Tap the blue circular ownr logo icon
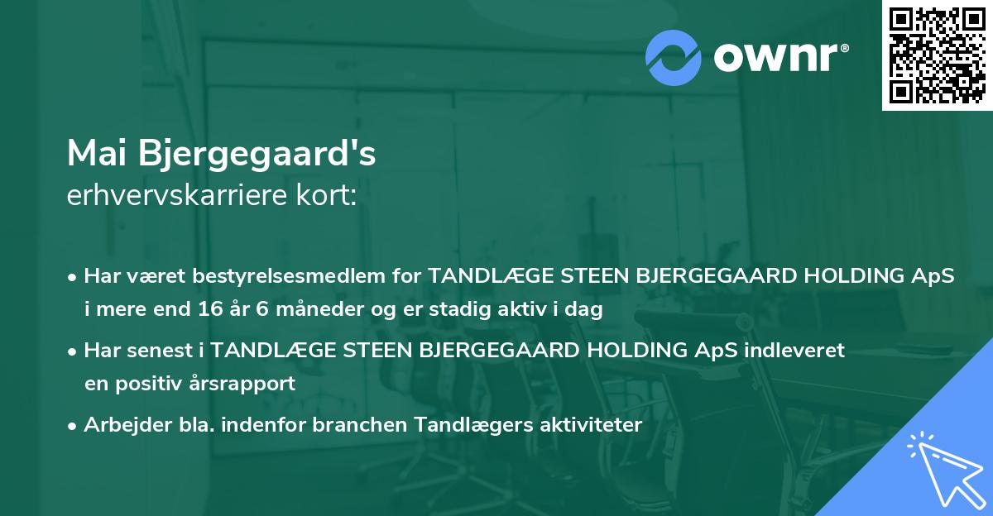click(674, 58)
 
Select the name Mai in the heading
click(98, 154)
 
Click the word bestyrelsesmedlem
click(285, 276)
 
